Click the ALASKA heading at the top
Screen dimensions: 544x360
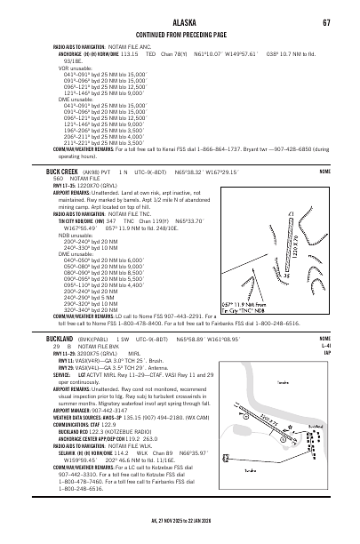(180, 10)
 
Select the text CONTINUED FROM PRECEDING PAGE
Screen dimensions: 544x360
(180, 28)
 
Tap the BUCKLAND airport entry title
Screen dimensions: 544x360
(44, 340)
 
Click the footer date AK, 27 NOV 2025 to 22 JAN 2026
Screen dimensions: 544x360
(180, 535)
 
